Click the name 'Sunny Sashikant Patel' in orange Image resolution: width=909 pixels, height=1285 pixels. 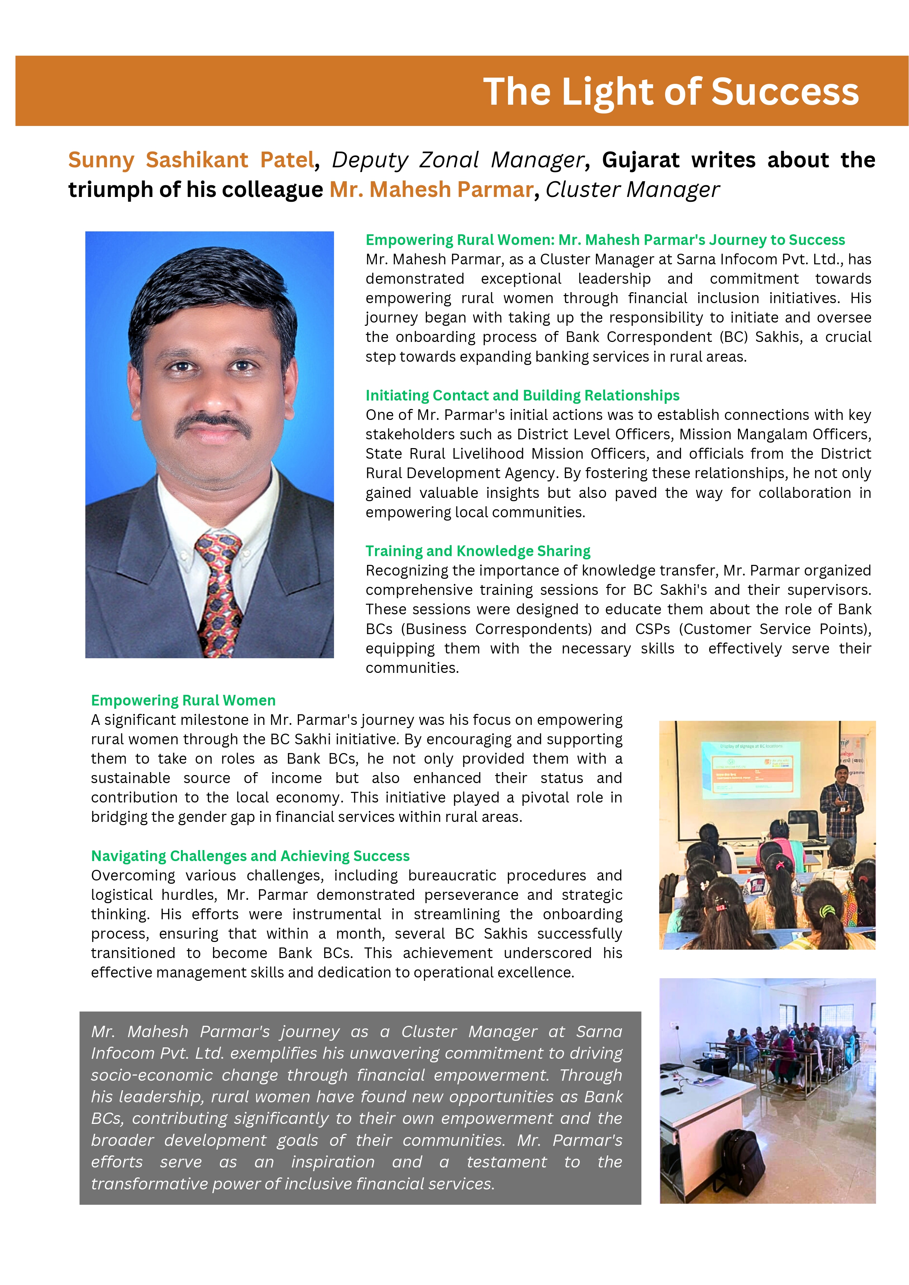click(191, 160)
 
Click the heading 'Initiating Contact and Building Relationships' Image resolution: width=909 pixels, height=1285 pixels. click(522, 396)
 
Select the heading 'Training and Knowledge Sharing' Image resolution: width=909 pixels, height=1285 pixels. click(478, 551)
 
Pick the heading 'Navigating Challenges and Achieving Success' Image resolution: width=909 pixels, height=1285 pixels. click(250, 856)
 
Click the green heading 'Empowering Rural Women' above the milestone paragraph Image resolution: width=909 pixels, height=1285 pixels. click(183, 701)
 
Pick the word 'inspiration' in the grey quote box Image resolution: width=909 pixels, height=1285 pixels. click(333, 1162)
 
